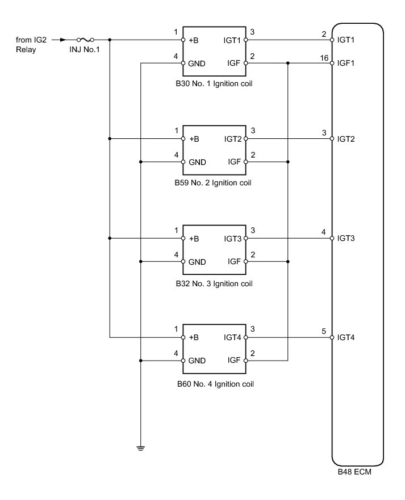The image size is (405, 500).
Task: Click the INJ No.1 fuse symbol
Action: click(x=85, y=40)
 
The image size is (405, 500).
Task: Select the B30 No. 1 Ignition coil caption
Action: click(x=214, y=83)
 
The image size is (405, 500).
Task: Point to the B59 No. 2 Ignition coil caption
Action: click(x=214, y=183)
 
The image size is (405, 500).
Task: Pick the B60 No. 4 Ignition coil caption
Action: click(x=214, y=384)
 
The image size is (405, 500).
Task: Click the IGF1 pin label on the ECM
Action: click(x=346, y=63)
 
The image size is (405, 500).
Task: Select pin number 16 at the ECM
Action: click(x=324, y=58)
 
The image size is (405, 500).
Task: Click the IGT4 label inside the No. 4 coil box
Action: click(x=233, y=338)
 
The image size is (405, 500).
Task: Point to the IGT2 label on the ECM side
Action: click(x=346, y=139)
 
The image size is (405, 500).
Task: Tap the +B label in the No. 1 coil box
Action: click(x=194, y=40)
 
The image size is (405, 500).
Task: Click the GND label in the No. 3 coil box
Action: click(x=197, y=262)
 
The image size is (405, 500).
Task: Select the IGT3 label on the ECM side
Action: click(x=346, y=238)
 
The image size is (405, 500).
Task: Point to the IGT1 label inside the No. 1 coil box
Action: click(x=233, y=40)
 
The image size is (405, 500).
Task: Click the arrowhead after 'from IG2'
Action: click(x=64, y=40)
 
